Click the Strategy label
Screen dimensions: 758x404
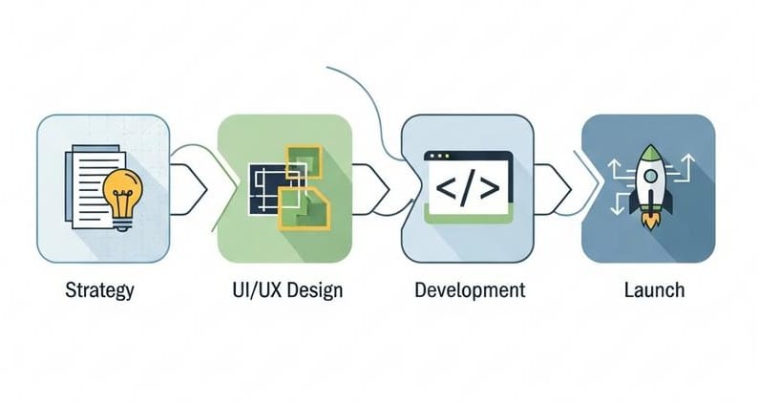click(99, 290)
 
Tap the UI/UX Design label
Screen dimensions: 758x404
click(287, 290)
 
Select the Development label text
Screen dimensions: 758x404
click(470, 289)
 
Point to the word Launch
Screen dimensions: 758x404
click(655, 289)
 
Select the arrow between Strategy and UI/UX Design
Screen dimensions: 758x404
click(189, 189)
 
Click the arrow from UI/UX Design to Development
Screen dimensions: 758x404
click(370, 189)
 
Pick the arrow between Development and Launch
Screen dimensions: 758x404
click(553, 189)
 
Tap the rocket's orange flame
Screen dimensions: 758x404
click(651, 222)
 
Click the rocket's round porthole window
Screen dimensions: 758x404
click(651, 176)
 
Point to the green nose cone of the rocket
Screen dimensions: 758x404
click(651, 152)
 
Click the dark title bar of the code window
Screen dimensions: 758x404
click(468, 157)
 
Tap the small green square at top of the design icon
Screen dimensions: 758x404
click(305, 161)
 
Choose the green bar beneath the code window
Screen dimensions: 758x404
click(468, 218)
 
